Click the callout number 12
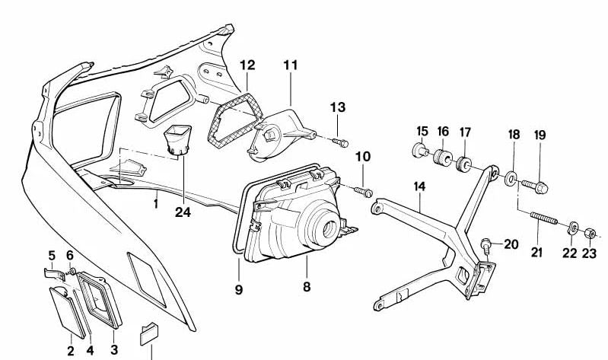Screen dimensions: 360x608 tap(247, 65)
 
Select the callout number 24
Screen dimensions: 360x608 tap(182, 212)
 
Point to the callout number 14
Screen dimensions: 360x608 tap(419, 186)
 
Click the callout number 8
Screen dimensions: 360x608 tap(307, 288)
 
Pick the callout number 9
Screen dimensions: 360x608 tap(237, 289)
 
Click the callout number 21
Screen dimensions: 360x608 tap(537, 253)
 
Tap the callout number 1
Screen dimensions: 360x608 tap(156, 204)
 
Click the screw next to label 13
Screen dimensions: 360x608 tap(341, 142)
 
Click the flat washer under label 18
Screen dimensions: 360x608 tap(511, 177)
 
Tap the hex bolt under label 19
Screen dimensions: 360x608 tap(530, 182)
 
